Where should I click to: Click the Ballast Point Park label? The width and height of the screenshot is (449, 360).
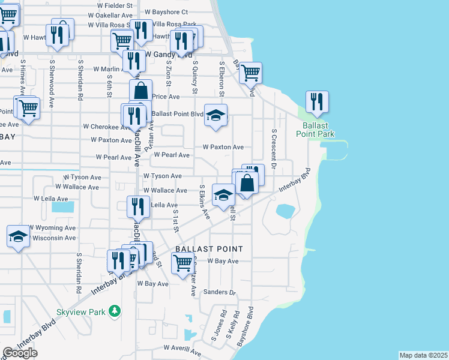315,130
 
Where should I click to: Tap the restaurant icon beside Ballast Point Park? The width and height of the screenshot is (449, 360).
318,102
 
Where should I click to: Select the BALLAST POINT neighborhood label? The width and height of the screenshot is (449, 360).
209,249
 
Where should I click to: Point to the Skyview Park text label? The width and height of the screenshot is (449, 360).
80,312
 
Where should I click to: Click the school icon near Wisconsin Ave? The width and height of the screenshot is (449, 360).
18,236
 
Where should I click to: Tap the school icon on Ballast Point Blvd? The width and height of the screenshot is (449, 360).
215,115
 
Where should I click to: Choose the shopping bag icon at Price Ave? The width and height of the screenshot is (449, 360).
140,91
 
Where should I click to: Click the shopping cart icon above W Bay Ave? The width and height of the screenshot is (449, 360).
182,263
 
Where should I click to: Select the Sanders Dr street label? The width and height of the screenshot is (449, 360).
220,292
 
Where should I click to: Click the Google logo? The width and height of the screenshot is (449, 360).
20,353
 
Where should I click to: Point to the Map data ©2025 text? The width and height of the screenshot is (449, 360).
423,355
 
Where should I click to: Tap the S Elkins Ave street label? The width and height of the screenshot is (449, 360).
204,202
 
